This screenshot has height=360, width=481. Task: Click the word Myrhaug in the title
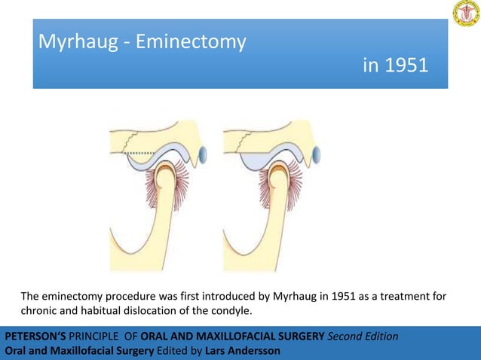(x=77, y=43)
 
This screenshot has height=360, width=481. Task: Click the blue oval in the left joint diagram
(x=201, y=155)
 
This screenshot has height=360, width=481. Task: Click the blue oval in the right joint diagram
(x=317, y=155)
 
